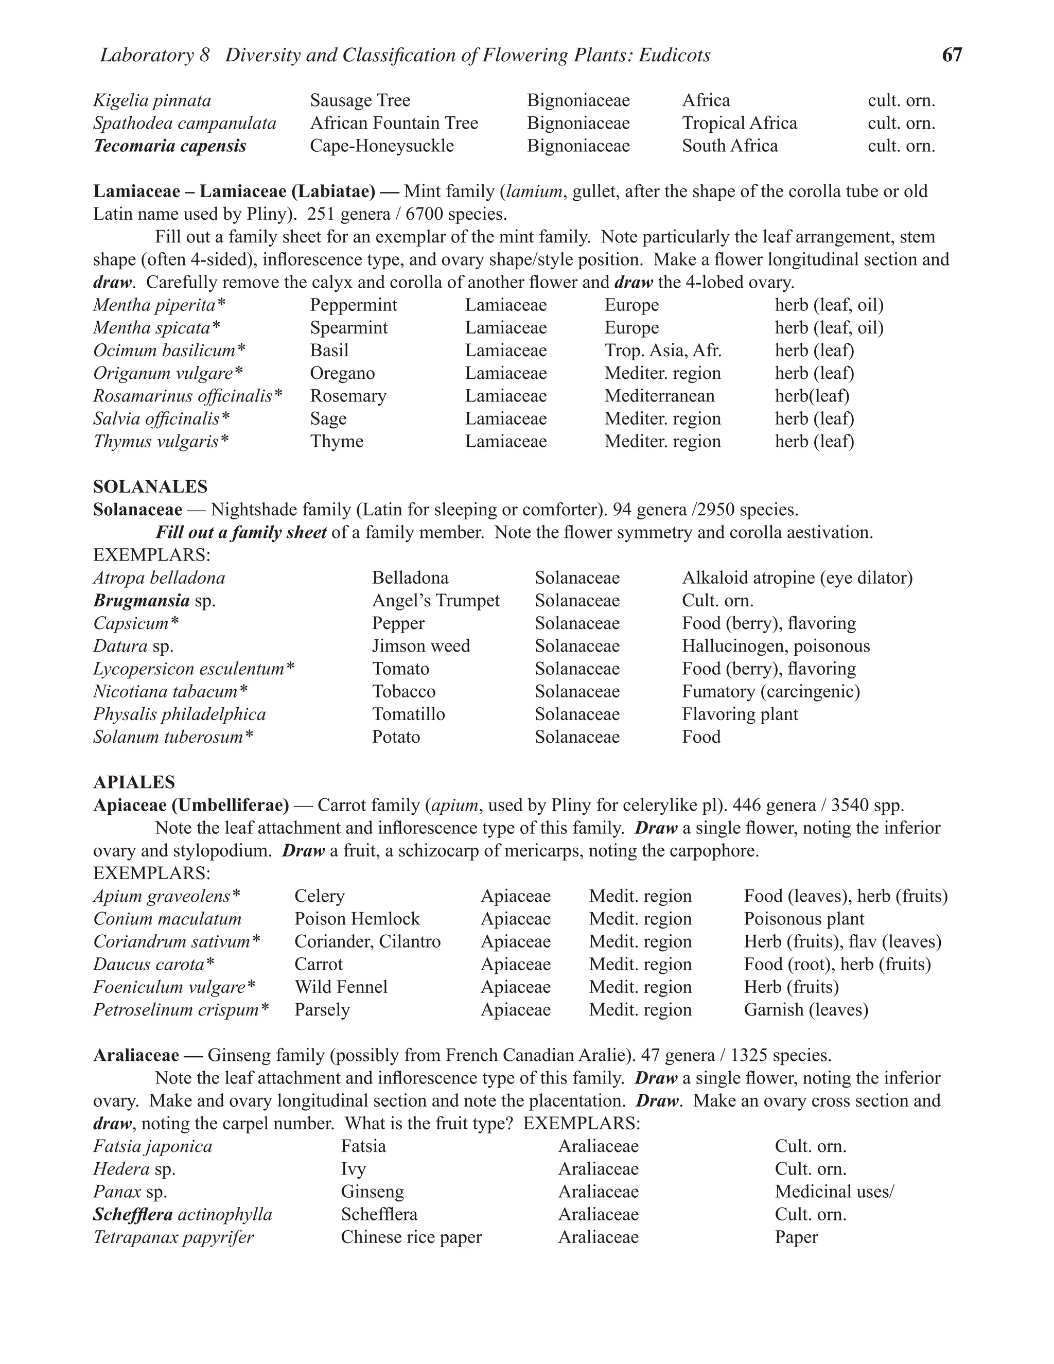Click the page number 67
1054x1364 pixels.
point(952,55)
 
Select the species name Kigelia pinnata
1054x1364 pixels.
point(152,100)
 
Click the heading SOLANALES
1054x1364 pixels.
point(150,486)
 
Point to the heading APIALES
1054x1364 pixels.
point(134,782)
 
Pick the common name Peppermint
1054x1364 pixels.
point(354,305)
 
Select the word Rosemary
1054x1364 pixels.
point(348,396)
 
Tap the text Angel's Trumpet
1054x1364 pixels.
point(436,601)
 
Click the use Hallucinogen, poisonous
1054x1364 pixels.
point(776,646)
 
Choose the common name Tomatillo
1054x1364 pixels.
point(408,714)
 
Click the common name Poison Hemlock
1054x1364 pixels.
point(357,919)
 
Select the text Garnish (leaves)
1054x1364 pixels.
point(805,1010)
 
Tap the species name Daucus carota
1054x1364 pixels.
point(149,964)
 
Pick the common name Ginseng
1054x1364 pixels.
point(372,1192)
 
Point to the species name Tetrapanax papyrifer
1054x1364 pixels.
point(173,1237)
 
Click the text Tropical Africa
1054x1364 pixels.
point(740,123)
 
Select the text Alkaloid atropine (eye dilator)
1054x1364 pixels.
point(797,578)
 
